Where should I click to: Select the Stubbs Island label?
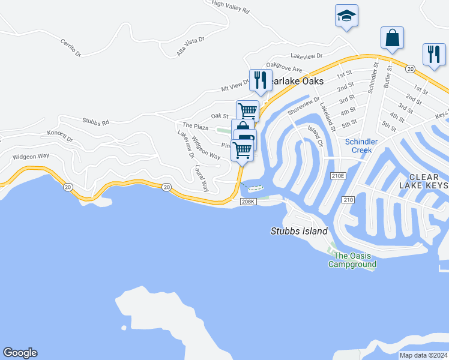299,231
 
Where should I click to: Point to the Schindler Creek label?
361,146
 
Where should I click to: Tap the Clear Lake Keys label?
428,181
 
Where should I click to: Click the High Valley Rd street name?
231,7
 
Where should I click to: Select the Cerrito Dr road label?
71,47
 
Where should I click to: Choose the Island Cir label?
316,136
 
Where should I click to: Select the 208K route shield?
249,202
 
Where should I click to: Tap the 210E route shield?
339,176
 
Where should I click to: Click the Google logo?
20,353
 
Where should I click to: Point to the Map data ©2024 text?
423,355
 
